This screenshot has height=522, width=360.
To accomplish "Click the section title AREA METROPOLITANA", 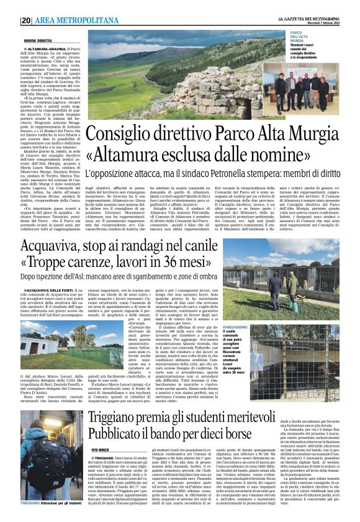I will click(68, 20).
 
